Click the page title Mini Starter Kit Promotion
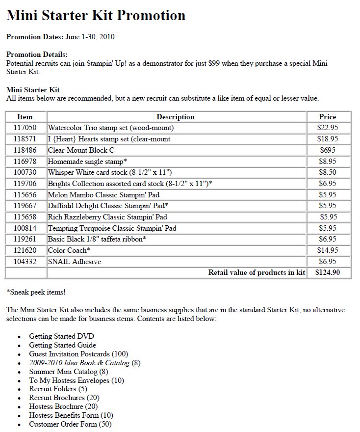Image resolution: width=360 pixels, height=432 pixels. [x=96, y=16]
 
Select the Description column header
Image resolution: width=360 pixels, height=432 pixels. [x=175, y=117]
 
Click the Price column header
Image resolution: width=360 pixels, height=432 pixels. [x=327, y=117]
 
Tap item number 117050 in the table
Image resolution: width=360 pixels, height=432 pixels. [x=25, y=128]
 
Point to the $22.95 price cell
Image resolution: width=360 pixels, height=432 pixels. [x=327, y=128]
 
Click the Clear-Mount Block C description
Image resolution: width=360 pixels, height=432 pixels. [x=81, y=150]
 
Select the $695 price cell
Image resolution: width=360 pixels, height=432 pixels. [x=327, y=150]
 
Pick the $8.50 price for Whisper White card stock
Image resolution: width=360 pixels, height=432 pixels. [x=327, y=172]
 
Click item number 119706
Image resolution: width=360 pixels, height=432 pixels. [x=25, y=184]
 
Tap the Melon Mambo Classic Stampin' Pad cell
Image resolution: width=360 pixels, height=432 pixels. [x=103, y=195]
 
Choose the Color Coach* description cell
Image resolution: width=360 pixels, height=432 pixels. [x=69, y=250]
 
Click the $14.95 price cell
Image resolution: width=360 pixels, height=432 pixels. [x=327, y=250]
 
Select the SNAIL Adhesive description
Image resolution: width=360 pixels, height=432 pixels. [x=74, y=262]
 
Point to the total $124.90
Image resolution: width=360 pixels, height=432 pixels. [x=327, y=272]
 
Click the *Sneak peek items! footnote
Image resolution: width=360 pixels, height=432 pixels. [x=36, y=292]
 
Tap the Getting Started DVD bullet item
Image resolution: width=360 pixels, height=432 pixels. [x=61, y=336]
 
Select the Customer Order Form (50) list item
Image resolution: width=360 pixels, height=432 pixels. [x=70, y=424]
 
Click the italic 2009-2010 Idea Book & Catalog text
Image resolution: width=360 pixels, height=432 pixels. [x=79, y=363]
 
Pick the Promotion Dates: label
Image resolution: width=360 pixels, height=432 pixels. [x=35, y=37]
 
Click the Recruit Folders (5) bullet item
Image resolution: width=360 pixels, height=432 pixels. [x=59, y=389]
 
